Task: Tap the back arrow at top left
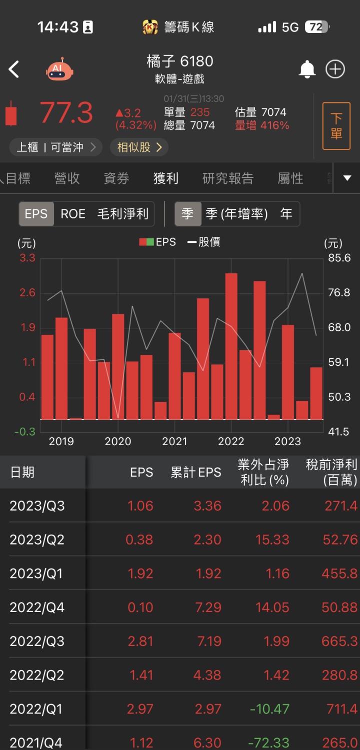point(14,69)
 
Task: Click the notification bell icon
point(307,69)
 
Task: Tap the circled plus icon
point(335,69)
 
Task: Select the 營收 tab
point(67,178)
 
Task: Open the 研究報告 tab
point(227,178)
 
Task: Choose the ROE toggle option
point(73,214)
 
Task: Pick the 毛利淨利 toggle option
point(122,214)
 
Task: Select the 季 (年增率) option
point(236,214)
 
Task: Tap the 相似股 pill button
point(139,147)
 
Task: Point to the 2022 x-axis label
point(231,441)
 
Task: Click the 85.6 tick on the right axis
point(339,258)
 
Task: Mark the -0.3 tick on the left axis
point(27,432)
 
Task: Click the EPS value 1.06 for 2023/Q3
point(140,506)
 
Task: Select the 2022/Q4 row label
point(37,608)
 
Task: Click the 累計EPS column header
point(195,472)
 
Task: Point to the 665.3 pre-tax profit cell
point(340,641)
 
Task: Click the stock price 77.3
point(66,112)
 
